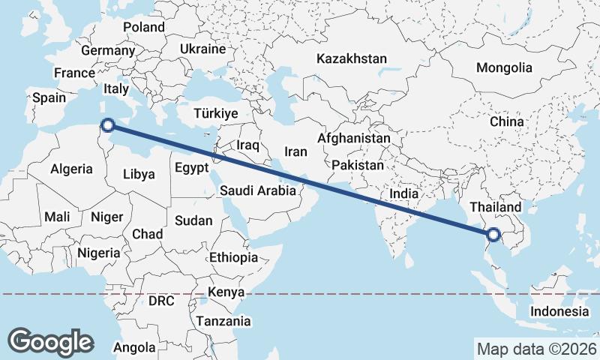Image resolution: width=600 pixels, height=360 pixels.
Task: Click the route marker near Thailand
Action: click(x=493, y=234)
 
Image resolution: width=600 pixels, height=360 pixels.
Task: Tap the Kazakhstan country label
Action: click(x=351, y=58)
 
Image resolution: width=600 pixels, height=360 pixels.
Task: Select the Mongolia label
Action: click(x=504, y=67)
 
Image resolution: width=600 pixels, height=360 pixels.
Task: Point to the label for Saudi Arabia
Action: click(x=257, y=190)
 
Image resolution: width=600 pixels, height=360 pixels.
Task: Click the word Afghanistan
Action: click(x=354, y=139)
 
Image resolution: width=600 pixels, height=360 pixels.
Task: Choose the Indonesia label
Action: click(x=559, y=311)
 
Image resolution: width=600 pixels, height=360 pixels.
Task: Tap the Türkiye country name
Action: click(x=215, y=113)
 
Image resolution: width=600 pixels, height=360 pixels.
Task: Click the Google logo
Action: click(x=50, y=341)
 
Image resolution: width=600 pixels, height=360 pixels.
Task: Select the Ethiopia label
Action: click(x=233, y=257)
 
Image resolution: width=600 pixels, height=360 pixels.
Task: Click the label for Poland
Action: click(x=144, y=27)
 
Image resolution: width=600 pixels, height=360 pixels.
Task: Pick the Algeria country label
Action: click(x=71, y=169)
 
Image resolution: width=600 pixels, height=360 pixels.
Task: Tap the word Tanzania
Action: click(x=223, y=321)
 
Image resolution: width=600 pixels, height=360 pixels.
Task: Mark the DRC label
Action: click(x=160, y=301)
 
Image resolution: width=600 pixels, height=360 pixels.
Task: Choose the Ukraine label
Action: click(x=202, y=49)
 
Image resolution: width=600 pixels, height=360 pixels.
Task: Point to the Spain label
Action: click(x=48, y=97)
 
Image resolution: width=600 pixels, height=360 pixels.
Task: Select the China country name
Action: click(x=506, y=121)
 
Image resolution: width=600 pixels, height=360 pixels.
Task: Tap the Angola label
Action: click(x=134, y=347)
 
